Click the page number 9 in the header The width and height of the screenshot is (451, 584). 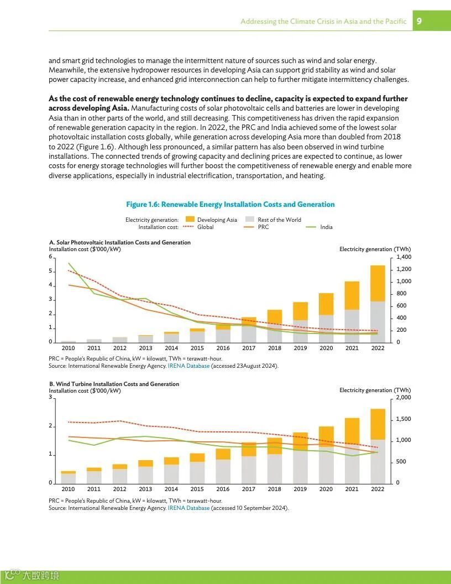click(x=419, y=21)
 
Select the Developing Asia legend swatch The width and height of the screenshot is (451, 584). click(x=190, y=220)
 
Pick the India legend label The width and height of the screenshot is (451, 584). click(x=327, y=227)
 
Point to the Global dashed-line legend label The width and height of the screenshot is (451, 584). click(x=206, y=227)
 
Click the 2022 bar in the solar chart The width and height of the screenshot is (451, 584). click(x=377, y=304)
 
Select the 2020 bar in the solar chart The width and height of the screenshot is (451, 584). click(x=326, y=317)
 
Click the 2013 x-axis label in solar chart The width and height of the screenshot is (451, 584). click(x=145, y=348)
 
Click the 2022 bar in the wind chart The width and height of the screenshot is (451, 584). click(x=377, y=446)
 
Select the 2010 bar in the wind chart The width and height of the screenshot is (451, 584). click(x=69, y=477)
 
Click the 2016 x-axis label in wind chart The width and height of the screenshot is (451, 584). click(x=223, y=489)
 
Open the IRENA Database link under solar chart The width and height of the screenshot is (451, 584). click(x=188, y=366)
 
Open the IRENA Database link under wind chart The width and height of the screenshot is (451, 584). click(x=188, y=508)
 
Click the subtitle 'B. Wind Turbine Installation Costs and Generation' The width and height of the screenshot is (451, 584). click(x=114, y=384)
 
